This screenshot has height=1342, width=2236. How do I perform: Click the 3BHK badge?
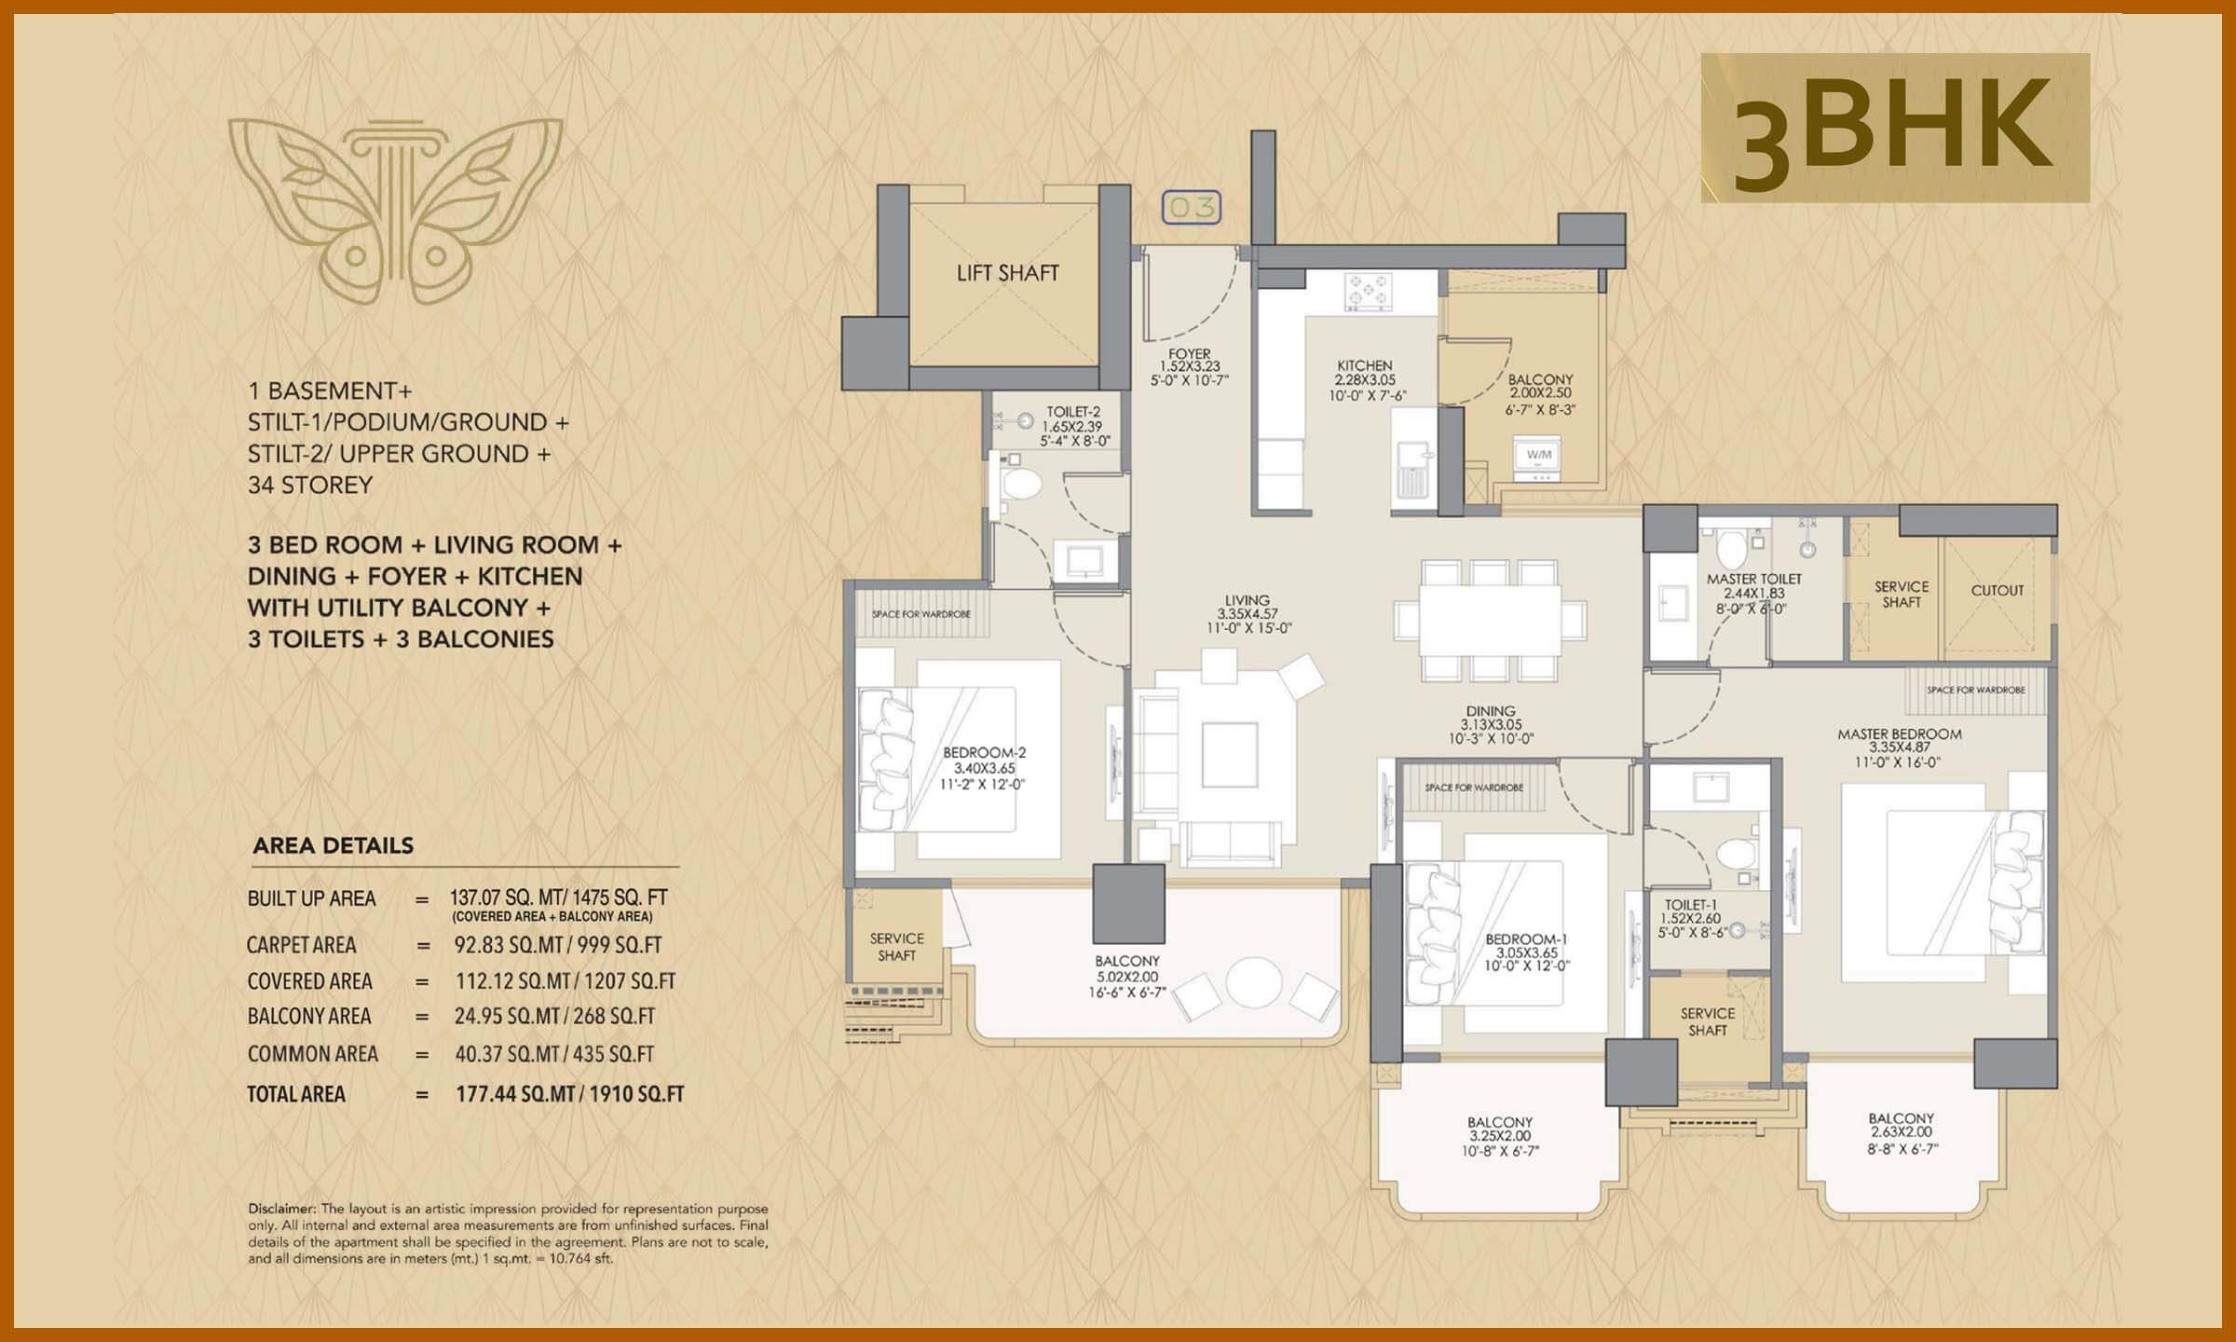pos(1895,129)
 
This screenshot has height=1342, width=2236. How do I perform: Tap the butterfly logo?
pos(395,204)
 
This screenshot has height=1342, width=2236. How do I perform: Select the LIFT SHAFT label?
pos(1007,273)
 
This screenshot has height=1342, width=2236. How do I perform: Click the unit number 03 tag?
pos(1192,207)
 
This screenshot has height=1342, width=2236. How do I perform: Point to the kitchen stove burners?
pos(1368,292)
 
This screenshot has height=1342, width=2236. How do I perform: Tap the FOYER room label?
pos(1190,354)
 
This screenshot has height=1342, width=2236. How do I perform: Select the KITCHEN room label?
pos(1365,366)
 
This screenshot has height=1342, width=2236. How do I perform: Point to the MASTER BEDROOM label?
pos(1900,734)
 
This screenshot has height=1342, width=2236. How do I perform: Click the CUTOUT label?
pos(1997,591)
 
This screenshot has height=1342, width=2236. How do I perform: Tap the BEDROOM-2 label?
pos(984,753)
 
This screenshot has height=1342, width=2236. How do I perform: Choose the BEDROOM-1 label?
pos(1520,939)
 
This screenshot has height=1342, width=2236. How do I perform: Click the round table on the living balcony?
pos(1254,982)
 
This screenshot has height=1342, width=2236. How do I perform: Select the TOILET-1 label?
pos(1690,905)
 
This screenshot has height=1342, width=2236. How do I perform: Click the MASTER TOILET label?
pos(1754,580)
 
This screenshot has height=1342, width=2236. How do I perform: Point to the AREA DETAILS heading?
pos(334,846)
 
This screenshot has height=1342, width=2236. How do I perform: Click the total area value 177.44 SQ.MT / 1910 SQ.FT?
pos(569,1094)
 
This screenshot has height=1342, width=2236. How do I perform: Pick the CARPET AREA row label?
pos(301,945)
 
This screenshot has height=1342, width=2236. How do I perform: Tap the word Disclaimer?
pos(282,1209)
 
